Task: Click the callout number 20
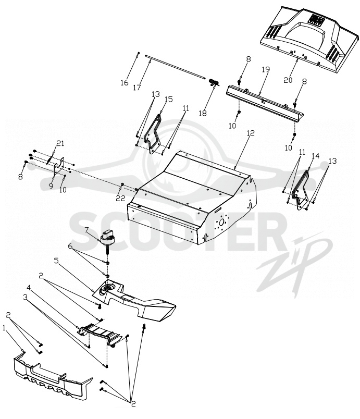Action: tap(288, 80)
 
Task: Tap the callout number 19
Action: tap(266, 69)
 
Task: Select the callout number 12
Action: tap(251, 133)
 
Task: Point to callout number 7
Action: tap(86, 229)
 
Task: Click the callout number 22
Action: tap(121, 198)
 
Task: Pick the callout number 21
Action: tap(60, 143)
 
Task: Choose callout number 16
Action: tap(125, 83)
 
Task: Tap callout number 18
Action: tap(203, 113)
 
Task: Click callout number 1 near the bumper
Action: tap(4, 328)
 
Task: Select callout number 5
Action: tap(56, 260)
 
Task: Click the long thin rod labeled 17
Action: tap(176, 67)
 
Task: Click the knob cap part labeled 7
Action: tap(107, 237)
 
